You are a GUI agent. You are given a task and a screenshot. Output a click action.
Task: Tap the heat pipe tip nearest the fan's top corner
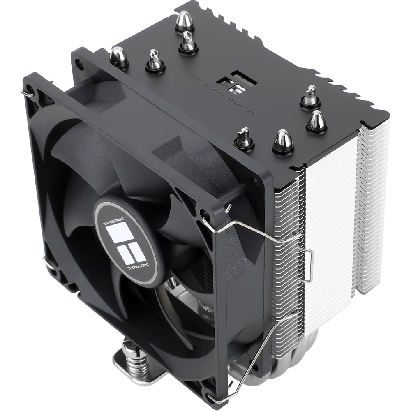[119, 57]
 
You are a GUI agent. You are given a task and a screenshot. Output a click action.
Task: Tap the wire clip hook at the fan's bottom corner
[214, 397]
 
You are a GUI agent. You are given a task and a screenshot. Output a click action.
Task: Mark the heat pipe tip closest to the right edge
[316, 120]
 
